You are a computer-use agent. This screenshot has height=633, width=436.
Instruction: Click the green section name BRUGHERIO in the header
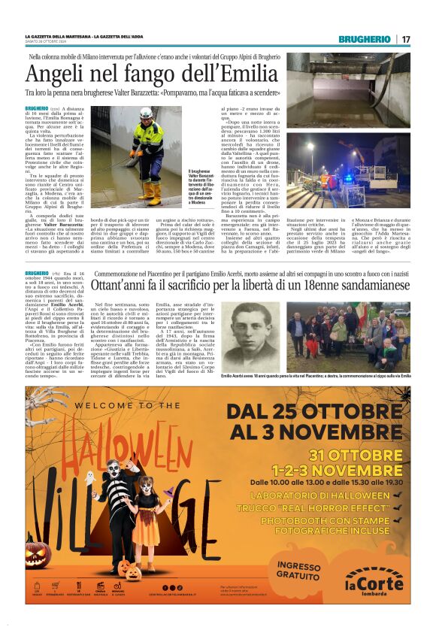[x=364, y=39]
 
